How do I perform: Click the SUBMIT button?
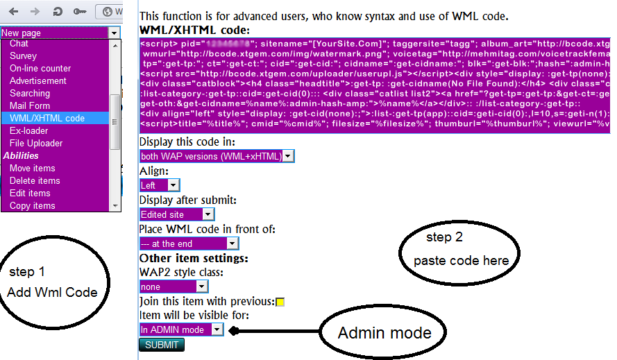click(162, 345)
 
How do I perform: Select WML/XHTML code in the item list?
click(47, 118)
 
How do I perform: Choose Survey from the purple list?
click(24, 55)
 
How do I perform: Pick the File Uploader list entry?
click(36, 143)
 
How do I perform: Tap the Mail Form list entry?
click(30, 105)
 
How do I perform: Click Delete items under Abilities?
click(35, 180)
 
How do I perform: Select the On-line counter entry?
click(40, 68)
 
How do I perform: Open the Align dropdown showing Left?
click(159, 185)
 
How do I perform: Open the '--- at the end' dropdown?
click(188, 243)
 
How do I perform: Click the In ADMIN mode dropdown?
click(181, 329)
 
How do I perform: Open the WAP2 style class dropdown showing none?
click(174, 286)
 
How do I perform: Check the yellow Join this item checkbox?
click(280, 302)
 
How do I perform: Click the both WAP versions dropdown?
click(217, 156)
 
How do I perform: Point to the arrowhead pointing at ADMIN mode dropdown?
click(234, 332)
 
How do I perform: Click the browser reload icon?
click(57, 12)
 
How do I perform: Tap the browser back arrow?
click(15, 12)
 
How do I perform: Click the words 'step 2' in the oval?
click(444, 237)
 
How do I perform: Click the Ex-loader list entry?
click(29, 130)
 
